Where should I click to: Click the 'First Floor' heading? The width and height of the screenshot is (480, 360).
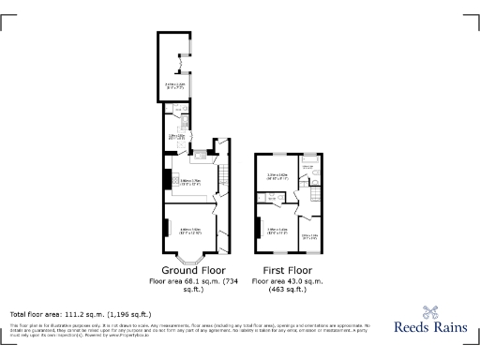tap(286, 270)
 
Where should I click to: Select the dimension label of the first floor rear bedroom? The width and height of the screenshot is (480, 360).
tap(277, 175)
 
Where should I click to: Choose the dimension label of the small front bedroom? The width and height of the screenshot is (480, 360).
tap(309, 235)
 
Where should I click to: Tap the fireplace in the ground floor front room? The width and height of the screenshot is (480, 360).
tap(165, 228)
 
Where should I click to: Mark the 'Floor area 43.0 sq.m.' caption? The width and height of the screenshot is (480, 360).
tap(286, 281)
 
